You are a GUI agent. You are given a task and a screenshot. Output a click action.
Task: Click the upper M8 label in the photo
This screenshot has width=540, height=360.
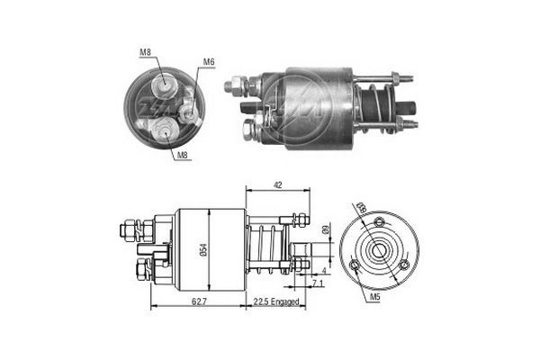coord(145,51)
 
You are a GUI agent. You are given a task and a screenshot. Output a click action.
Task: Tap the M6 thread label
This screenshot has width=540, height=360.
coord(209,61)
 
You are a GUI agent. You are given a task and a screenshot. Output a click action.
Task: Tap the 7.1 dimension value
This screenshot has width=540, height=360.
coord(316,283)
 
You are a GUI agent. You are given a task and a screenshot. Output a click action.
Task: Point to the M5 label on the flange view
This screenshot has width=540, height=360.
coord(373,294)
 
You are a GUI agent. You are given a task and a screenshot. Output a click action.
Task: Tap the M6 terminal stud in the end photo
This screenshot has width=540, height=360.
coord(188,113)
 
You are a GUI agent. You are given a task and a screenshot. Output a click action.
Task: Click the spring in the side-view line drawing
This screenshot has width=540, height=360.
coord(265,247)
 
